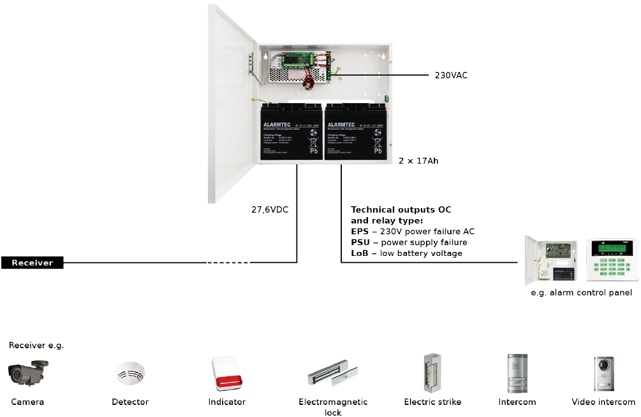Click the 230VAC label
point(451,75)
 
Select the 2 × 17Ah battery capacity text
point(418,161)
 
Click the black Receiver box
point(32,262)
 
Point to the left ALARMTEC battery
point(291,134)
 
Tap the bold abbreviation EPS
point(360,231)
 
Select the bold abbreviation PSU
point(360,243)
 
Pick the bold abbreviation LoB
point(360,253)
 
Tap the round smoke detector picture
point(130,374)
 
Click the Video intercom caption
point(603,402)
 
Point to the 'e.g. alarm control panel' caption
point(581,293)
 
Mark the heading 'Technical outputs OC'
point(401,209)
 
